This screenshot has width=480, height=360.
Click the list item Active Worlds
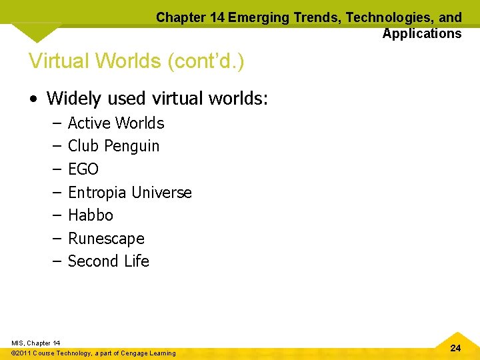(116, 123)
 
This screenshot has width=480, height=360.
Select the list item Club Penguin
(113, 146)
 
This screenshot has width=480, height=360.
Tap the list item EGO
(83, 169)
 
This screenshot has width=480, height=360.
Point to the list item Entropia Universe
(129, 193)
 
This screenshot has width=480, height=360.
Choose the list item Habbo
(91, 215)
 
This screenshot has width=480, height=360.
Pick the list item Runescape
(106, 239)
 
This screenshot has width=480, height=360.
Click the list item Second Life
(109, 261)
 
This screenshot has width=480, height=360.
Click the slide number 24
(455, 348)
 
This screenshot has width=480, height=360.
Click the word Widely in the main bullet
(73, 99)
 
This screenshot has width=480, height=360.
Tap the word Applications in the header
(422, 33)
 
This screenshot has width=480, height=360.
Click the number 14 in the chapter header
(217, 17)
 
